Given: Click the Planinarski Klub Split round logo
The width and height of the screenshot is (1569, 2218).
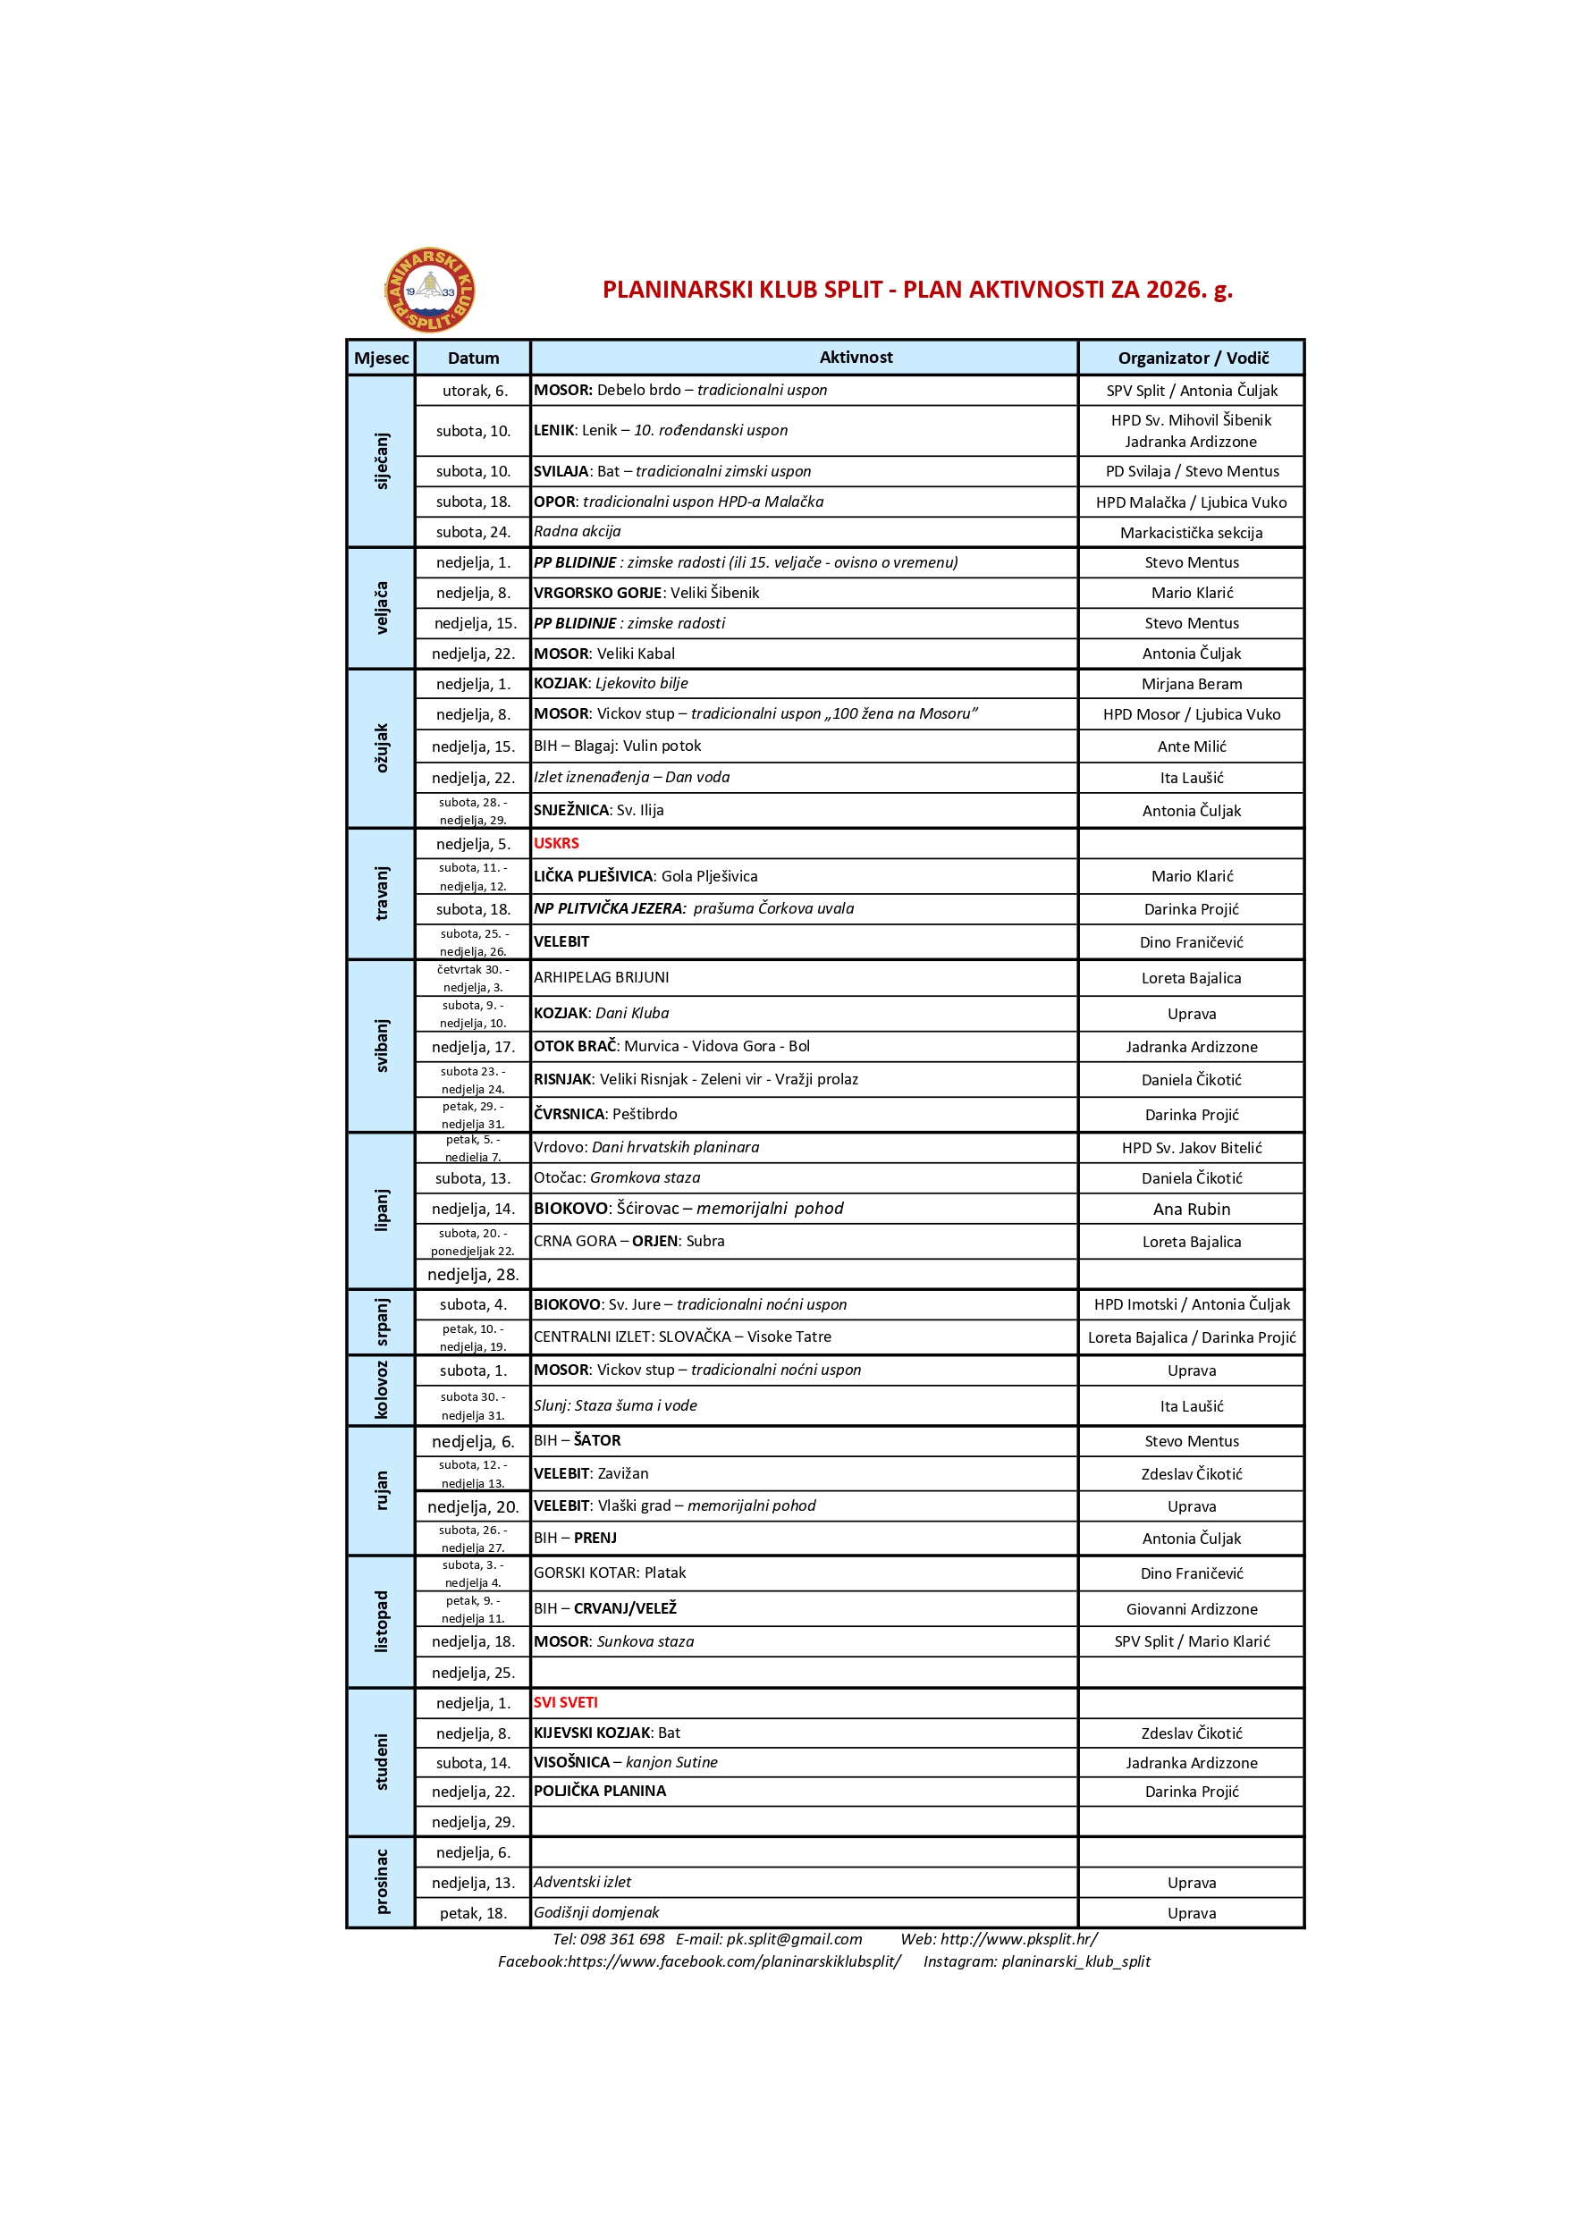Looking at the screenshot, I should tap(430, 290).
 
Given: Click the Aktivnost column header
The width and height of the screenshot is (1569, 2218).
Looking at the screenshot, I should tap(855, 358).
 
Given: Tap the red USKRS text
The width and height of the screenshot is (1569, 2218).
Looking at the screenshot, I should tap(556, 843).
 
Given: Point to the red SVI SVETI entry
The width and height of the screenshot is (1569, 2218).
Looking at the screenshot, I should tap(565, 1702).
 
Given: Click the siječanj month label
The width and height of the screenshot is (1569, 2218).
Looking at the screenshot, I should tap(382, 460).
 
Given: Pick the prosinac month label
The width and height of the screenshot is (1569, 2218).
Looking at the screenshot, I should tap(382, 1882).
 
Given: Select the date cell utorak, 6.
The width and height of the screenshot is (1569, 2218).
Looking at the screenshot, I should tap(475, 392).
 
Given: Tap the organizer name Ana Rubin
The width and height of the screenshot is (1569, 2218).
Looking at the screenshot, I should tap(1191, 1210).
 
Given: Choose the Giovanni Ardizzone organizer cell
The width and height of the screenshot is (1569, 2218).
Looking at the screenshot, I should tap(1191, 1609).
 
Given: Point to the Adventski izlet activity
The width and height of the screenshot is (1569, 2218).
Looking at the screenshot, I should tap(583, 1882).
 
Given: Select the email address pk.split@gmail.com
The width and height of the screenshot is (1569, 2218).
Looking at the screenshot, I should tap(794, 1939).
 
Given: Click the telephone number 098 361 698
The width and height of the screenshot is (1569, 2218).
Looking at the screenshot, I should tap(621, 1939).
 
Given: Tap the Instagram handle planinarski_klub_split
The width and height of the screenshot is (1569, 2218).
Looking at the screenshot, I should tap(1076, 1961).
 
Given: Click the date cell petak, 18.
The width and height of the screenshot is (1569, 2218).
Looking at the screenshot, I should tap(474, 1914).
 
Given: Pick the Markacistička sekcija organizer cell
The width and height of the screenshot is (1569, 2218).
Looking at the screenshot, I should tap(1191, 533).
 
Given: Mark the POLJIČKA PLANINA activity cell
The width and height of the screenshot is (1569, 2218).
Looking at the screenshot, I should tap(600, 1791).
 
